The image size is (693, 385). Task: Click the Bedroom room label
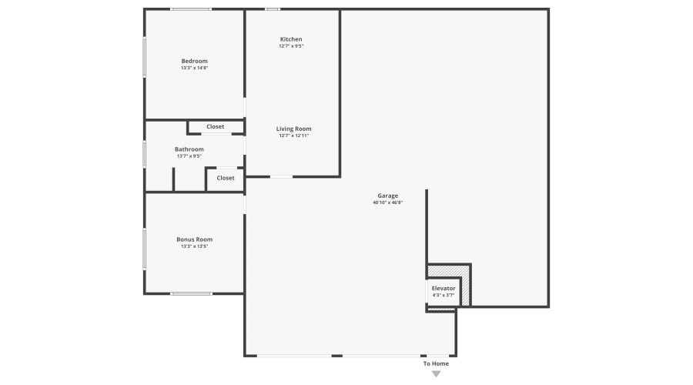point(194,62)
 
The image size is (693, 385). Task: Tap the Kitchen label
point(291,39)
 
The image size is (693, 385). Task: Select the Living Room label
point(294,129)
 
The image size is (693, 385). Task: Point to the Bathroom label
point(189,149)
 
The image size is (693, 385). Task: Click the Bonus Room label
point(194,239)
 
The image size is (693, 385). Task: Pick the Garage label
point(387,196)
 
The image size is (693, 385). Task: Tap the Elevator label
point(444,288)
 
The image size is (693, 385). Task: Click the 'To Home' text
point(436,363)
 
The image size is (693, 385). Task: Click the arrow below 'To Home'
point(436,374)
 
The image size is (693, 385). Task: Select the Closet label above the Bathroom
point(215,126)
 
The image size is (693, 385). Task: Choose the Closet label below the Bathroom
point(225,178)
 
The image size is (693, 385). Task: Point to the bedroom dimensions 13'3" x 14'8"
point(194,69)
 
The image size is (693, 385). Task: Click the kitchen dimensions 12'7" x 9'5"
point(291,46)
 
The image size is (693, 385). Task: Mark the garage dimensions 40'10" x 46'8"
point(387,203)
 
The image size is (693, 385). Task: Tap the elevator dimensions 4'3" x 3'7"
point(444,295)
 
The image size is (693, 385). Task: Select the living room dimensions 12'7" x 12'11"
point(294,136)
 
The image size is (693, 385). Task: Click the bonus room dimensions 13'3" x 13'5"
point(194,246)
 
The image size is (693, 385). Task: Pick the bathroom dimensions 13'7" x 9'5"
point(189,156)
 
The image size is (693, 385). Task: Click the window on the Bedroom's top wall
point(191,9)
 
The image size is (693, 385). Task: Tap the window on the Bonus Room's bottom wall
point(191,293)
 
